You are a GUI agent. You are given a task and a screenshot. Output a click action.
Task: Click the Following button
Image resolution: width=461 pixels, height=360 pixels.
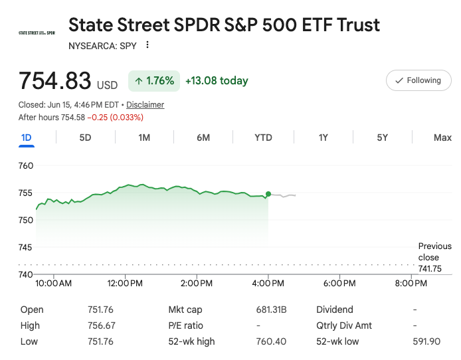(418, 80)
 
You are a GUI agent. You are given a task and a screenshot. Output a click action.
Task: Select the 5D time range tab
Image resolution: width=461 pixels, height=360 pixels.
(85, 137)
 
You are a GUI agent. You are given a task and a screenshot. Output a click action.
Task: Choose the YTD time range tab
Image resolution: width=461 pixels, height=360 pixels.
(263, 137)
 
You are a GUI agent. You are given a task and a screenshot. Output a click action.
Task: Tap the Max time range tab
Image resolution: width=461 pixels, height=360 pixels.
(442, 137)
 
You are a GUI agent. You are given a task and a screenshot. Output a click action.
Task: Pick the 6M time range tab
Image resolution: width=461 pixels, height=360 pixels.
(203, 137)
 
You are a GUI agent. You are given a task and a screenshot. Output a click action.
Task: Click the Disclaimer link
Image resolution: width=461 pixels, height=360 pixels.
(145, 105)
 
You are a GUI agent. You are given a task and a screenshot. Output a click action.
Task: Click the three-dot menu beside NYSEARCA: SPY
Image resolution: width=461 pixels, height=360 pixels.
(147, 45)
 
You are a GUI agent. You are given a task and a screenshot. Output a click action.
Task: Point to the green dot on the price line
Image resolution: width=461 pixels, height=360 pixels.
(268, 194)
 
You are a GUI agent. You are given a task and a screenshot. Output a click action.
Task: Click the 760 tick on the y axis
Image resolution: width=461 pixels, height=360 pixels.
(26, 166)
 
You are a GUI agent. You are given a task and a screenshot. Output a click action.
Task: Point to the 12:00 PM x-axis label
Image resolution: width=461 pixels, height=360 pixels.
(125, 284)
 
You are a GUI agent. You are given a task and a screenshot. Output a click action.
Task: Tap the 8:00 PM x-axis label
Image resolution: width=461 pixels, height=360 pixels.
(411, 284)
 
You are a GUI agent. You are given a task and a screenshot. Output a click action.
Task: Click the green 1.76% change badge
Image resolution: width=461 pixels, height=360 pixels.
(154, 81)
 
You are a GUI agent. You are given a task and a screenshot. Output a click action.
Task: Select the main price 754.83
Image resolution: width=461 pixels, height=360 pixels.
(54, 80)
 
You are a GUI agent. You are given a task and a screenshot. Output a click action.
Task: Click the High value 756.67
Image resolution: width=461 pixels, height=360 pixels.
(102, 325)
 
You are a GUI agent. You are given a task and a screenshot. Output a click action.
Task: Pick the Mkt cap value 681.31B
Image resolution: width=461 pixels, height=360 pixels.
(271, 310)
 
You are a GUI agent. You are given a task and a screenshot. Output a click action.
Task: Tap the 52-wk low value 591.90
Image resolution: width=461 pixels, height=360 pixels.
(426, 341)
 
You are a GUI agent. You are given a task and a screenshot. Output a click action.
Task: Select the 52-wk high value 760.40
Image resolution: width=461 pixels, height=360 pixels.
(271, 341)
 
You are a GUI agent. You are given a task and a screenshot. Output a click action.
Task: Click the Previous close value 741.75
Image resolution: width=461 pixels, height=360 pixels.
(430, 268)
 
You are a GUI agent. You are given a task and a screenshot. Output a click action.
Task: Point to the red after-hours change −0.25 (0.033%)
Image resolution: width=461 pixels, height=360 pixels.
(116, 118)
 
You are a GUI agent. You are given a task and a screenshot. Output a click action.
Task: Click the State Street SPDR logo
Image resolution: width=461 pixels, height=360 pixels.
(37, 33)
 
